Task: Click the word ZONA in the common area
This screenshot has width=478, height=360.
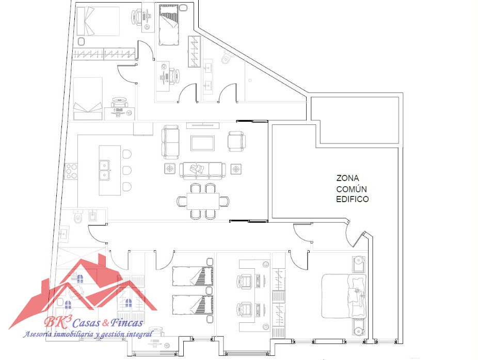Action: click(x=347, y=178)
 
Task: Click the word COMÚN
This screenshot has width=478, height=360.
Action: click(x=352, y=189)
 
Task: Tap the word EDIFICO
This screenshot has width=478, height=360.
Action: click(x=353, y=199)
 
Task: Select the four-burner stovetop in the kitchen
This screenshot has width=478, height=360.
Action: click(x=72, y=171)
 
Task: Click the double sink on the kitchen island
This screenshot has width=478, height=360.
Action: click(x=105, y=170)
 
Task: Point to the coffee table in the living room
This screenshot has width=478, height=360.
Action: click(x=202, y=143)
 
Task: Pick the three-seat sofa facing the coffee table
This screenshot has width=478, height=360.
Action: click(x=202, y=170)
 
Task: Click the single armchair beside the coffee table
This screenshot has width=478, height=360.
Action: click(x=236, y=141)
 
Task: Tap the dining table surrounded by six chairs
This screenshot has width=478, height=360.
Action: click(x=203, y=201)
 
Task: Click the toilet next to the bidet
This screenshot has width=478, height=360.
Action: click(x=78, y=217)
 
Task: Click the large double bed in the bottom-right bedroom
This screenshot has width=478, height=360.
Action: click(x=344, y=296)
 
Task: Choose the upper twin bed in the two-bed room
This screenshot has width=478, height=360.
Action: click(x=193, y=276)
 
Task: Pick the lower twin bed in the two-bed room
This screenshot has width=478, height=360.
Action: click(x=193, y=305)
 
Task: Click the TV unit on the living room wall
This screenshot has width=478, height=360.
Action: click(x=203, y=125)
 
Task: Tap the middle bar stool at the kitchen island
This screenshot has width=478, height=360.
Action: click(x=127, y=170)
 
